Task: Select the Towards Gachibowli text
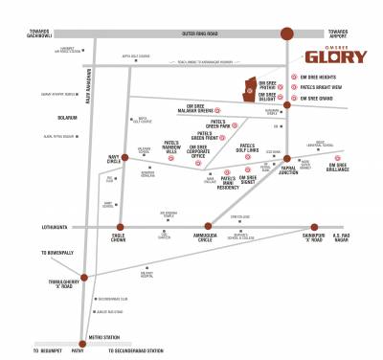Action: [25, 36]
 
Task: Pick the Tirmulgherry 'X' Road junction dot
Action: [83, 278]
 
